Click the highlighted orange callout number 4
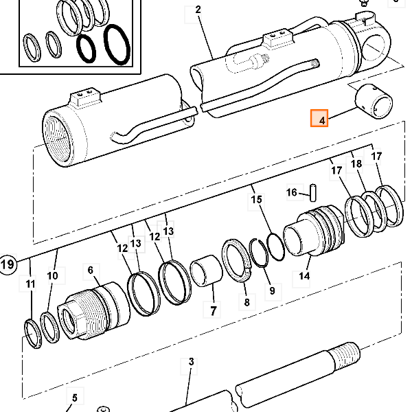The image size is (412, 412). coord(319,118)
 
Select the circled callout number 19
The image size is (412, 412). coord(8,264)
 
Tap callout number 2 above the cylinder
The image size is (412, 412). coord(198,10)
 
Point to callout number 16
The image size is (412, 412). coord(291,192)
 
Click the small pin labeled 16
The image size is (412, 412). coord(313,193)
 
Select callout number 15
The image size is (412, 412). coord(256,199)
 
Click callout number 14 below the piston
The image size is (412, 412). coord(304,276)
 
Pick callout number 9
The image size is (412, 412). coord(272,290)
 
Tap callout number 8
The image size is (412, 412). coord(247,302)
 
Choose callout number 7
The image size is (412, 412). coord(213,311)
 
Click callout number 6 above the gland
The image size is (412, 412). coord(91,270)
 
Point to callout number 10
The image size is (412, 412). coord(53,275)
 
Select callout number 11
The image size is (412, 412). coord(30,284)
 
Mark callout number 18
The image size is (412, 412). coord(356,163)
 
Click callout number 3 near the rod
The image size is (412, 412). coord(191,362)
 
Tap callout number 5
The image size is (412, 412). coord(75,398)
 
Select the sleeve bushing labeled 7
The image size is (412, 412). coord(207,271)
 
